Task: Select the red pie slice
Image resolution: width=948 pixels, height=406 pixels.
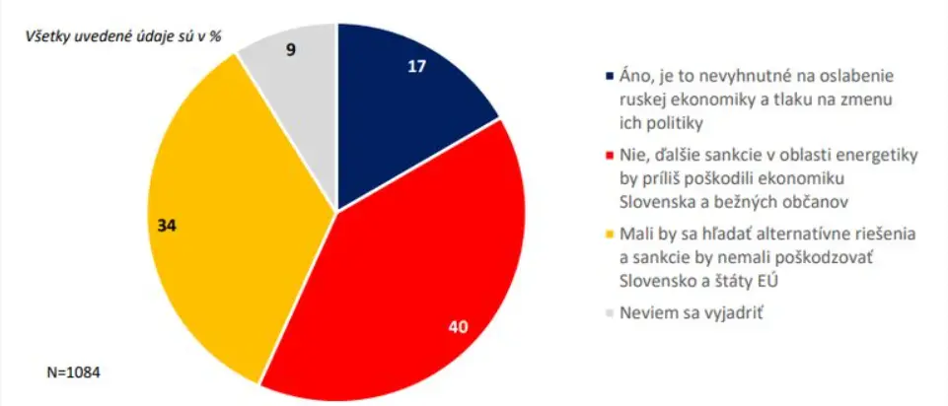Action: coord(414,286)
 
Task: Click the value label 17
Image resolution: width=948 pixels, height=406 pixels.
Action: coord(416,68)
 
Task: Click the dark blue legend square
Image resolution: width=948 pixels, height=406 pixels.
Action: coord(609,76)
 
